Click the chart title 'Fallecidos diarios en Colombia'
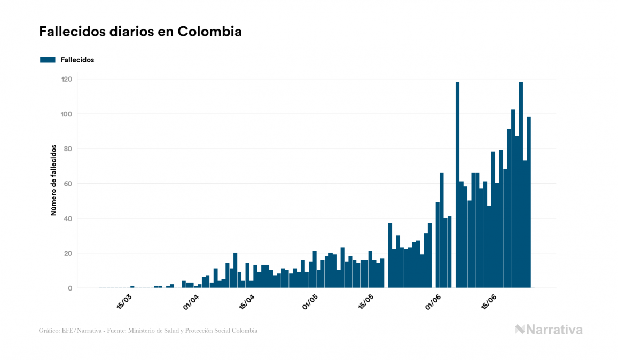pos(140,32)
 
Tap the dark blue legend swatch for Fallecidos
pos(48,60)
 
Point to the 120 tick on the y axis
pos(67,79)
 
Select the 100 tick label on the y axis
pos(67,114)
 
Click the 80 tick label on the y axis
pos(68,148)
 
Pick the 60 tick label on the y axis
pos(68,184)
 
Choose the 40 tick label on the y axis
pos(68,218)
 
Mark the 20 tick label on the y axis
pos(68,253)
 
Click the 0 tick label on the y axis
pos(70,288)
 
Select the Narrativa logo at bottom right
pos(549,330)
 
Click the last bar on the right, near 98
pos(529,203)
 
